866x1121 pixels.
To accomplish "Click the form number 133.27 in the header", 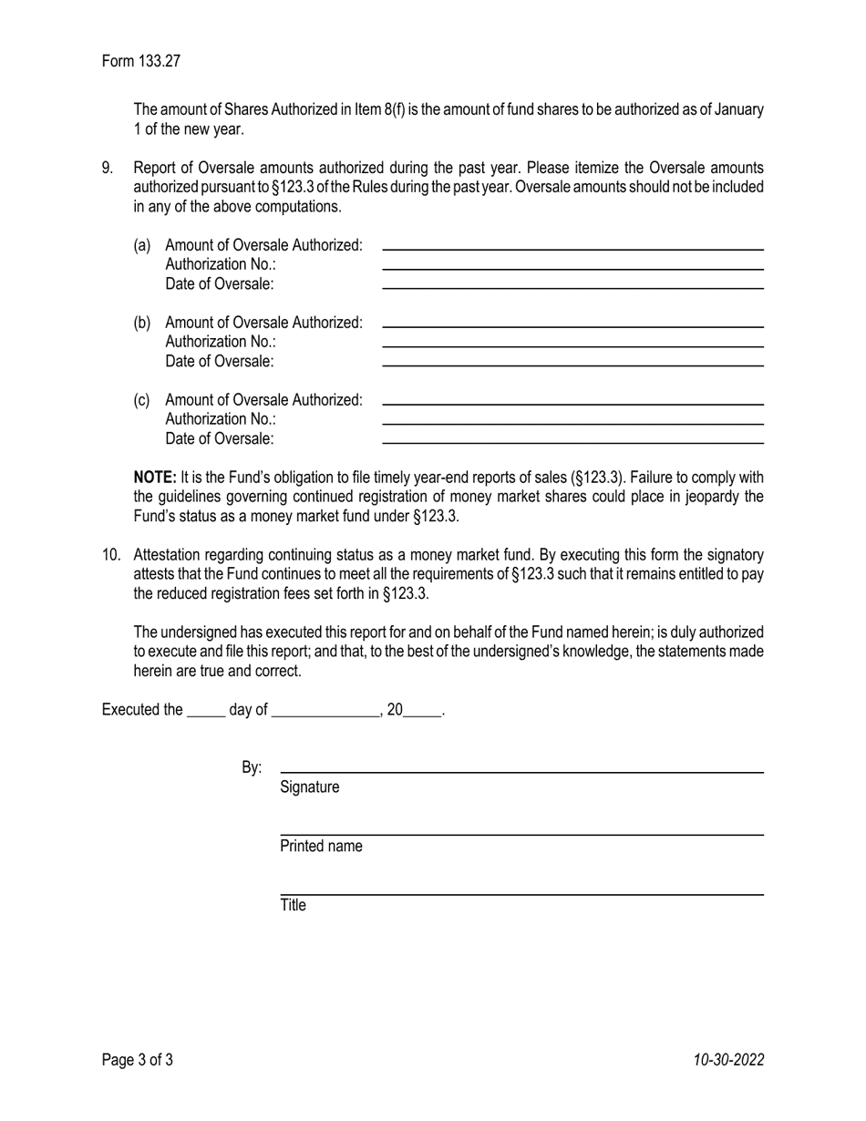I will tap(160, 61).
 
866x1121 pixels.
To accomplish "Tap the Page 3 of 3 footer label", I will tap(138, 1059).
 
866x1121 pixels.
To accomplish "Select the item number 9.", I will tap(108, 168).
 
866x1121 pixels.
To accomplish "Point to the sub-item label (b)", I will tap(142, 323).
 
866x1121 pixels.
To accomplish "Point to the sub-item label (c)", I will tap(142, 400).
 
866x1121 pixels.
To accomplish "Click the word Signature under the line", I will tap(310, 787).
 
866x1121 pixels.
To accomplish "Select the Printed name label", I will tap(321, 846).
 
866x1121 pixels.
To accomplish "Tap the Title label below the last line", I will tap(293, 905).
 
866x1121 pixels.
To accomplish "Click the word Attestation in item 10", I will tap(165, 554).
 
